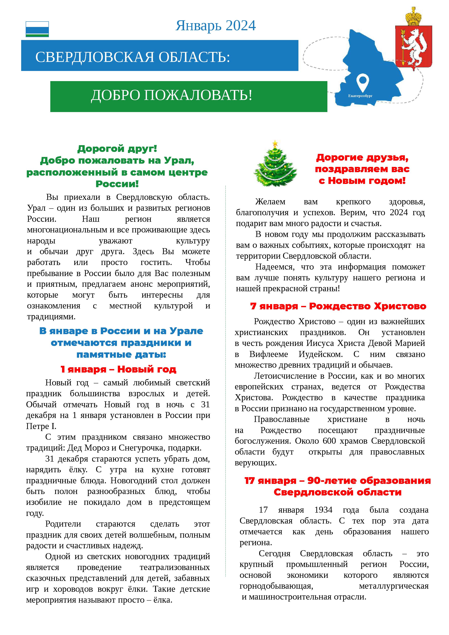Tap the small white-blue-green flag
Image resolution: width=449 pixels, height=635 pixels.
tap(37, 29)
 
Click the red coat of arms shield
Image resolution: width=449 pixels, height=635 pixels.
tap(413, 47)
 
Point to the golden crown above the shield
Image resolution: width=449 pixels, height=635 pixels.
tap(413, 16)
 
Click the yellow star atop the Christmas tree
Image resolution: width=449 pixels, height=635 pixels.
tap(275, 144)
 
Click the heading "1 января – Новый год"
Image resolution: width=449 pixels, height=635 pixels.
tap(118, 369)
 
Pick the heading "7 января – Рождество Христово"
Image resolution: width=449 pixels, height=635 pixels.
tap(338, 306)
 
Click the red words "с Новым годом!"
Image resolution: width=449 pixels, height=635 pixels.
tap(362, 181)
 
